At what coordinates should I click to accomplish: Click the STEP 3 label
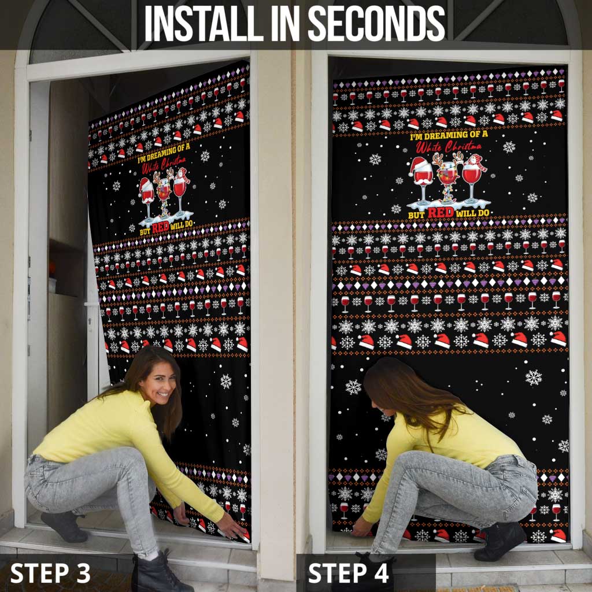50,573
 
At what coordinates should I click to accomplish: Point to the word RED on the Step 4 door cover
441,212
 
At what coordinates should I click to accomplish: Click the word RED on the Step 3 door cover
160,226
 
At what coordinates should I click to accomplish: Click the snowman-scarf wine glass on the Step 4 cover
472,176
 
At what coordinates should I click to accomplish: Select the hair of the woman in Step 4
410,393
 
